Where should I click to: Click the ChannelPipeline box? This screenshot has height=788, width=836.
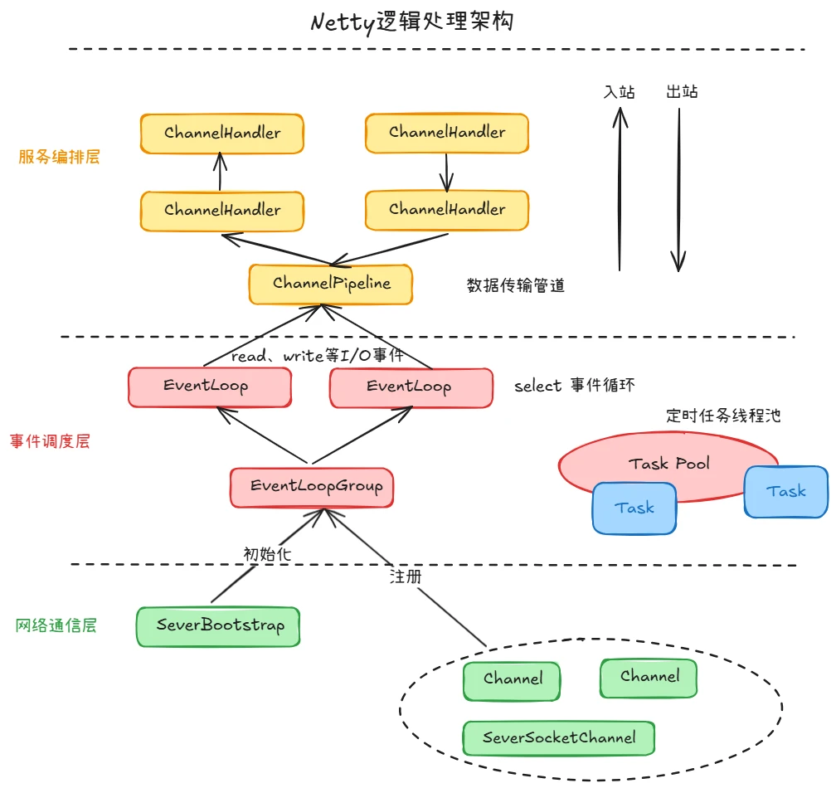pyautogui.click(x=331, y=284)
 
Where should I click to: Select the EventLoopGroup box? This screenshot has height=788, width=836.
pyautogui.click(x=312, y=487)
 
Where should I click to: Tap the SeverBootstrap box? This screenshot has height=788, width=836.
pyautogui.click(x=217, y=626)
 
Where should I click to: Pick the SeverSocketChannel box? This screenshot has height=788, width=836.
pyautogui.click(x=558, y=737)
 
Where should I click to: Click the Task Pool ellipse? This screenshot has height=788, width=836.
pyautogui.click(x=668, y=463)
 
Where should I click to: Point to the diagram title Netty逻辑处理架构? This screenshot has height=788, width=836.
pyautogui.click(x=412, y=21)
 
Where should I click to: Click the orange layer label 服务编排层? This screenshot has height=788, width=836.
pyautogui.click(x=59, y=156)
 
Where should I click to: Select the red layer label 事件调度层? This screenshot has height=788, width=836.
pyautogui.click(x=50, y=441)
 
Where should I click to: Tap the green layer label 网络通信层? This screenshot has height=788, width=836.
pyautogui.click(x=56, y=625)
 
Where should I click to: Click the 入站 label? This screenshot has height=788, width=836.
pyautogui.click(x=620, y=91)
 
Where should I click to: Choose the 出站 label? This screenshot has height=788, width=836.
pyautogui.click(x=682, y=91)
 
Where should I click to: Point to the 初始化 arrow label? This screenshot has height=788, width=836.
pyautogui.click(x=267, y=553)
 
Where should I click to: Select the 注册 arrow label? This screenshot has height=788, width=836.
pyautogui.click(x=406, y=576)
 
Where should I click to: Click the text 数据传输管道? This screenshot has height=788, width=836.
pyautogui.click(x=516, y=285)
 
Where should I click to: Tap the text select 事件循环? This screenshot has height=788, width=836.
pyautogui.click(x=575, y=386)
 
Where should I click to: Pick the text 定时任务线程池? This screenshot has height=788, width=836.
pyautogui.click(x=723, y=416)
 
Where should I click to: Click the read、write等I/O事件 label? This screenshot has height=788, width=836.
pyautogui.click(x=318, y=355)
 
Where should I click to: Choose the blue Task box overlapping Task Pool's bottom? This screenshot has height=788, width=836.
pyautogui.click(x=634, y=508)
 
